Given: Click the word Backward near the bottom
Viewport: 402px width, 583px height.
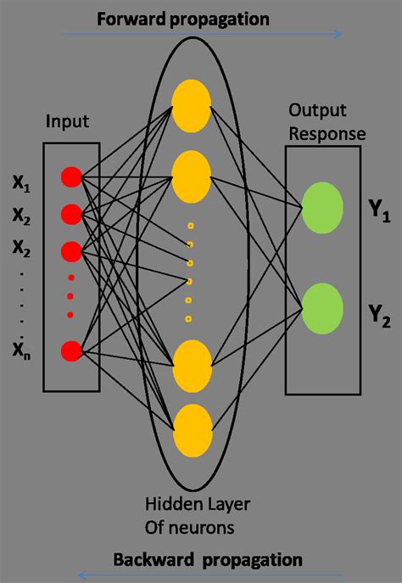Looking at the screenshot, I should [x=146, y=559].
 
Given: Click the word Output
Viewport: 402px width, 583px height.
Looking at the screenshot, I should [x=310, y=111].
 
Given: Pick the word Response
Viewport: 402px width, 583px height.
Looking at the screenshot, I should [x=327, y=132].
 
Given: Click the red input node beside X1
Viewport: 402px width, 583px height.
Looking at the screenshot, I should [x=71, y=177].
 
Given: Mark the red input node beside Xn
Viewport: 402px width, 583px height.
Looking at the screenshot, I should [x=71, y=349].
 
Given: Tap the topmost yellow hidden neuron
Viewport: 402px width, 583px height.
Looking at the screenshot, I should [x=191, y=103].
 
